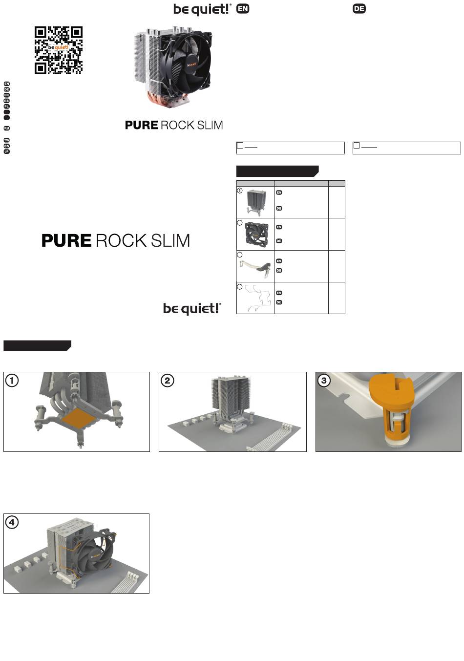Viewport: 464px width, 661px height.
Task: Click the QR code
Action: [x=58, y=50]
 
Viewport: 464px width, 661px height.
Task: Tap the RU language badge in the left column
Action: [x=7, y=128]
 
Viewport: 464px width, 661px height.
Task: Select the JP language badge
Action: [x=7, y=151]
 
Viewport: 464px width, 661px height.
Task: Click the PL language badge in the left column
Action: [x=7, y=106]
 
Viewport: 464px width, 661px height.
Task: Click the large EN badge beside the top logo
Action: [x=243, y=9]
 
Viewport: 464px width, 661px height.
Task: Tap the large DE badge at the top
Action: [x=359, y=9]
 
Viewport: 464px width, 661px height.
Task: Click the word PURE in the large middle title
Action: [x=66, y=240]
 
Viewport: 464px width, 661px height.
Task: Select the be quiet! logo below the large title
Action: [x=192, y=309]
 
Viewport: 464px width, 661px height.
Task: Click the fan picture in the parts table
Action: [x=255, y=235]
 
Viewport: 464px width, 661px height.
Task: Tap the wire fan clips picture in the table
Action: [x=255, y=298]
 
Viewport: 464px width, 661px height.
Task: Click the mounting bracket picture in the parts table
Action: [x=255, y=267]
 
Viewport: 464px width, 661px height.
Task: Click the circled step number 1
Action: [x=12, y=380]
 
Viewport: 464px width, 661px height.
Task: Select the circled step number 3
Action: [x=324, y=380]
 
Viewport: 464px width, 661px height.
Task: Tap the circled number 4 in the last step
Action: [x=12, y=522]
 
